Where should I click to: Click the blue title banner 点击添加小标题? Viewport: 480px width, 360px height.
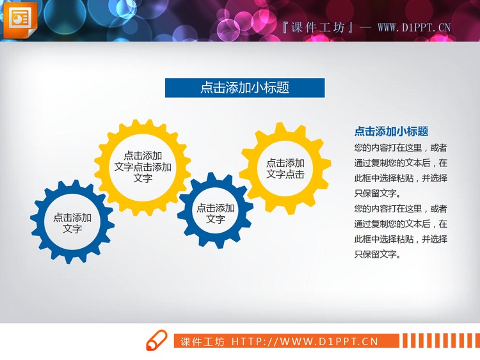click(x=244, y=88)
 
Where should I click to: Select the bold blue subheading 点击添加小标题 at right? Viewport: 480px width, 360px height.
click(x=391, y=132)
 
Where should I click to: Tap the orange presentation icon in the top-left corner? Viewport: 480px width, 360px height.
click(x=20, y=19)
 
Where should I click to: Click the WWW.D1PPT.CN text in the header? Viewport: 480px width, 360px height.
click(x=414, y=27)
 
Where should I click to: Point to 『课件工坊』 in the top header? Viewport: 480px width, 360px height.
click(x=319, y=27)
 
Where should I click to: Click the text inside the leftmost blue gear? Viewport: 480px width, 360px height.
click(x=72, y=223)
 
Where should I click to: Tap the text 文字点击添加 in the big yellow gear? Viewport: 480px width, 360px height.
click(x=143, y=167)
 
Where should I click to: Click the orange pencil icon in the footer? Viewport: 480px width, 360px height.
click(x=157, y=341)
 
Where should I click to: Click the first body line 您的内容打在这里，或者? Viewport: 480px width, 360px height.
click(x=401, y=148)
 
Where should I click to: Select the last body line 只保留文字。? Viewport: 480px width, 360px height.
click(x=378, y=254)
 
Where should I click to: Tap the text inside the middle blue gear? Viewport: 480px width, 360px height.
click(x=216, y=214)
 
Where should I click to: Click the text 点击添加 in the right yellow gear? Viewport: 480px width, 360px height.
click(x=285, y=162)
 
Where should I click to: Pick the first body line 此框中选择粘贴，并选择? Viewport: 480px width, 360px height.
click(x=401, y=178)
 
